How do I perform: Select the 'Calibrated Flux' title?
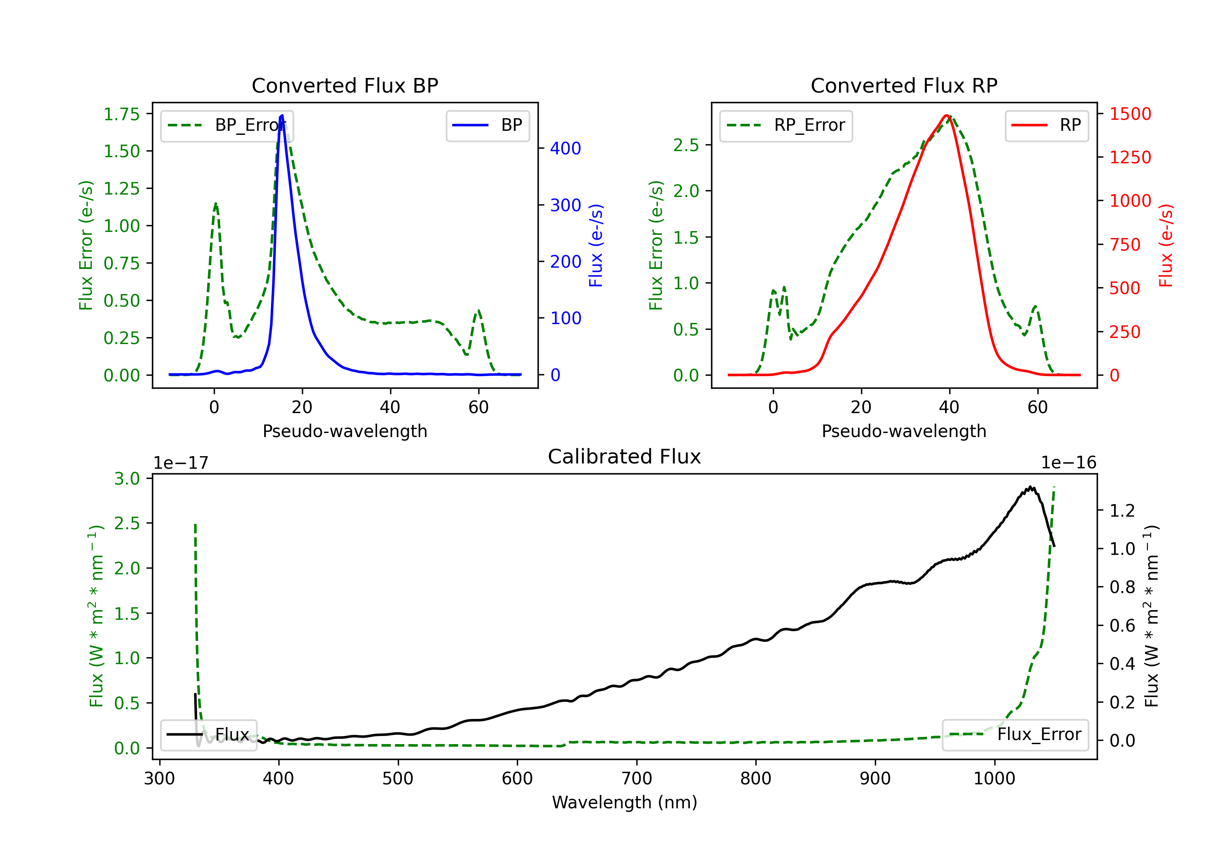(x=625, y=457)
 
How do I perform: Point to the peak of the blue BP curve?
(x=282, y=115)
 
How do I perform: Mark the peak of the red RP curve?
(x=947, y=115)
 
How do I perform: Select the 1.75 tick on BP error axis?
(x=121, y=114)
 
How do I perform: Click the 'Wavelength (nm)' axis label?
(x=625, y=802)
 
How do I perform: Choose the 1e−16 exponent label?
(x=1068, y=463)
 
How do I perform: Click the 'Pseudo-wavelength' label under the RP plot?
(x=904, y=431)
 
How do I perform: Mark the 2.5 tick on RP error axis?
(x=686, y=145)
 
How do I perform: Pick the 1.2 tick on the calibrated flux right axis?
(x=1122, y=511)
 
